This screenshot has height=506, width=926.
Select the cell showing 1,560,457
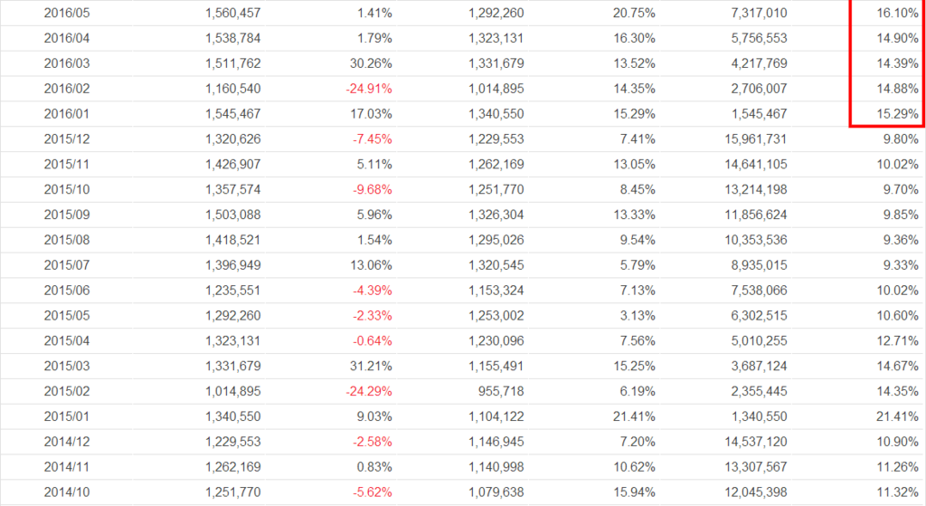[x=226, y=14]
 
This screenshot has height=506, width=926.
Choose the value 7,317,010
[x=754, y=14]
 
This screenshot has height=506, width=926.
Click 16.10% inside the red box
[x=898, y=14]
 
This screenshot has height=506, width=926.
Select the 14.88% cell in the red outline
[x=898, y=90]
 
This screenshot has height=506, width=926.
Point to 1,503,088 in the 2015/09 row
[x=226, y=215]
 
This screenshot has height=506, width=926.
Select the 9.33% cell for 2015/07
[x=901, y=266]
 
